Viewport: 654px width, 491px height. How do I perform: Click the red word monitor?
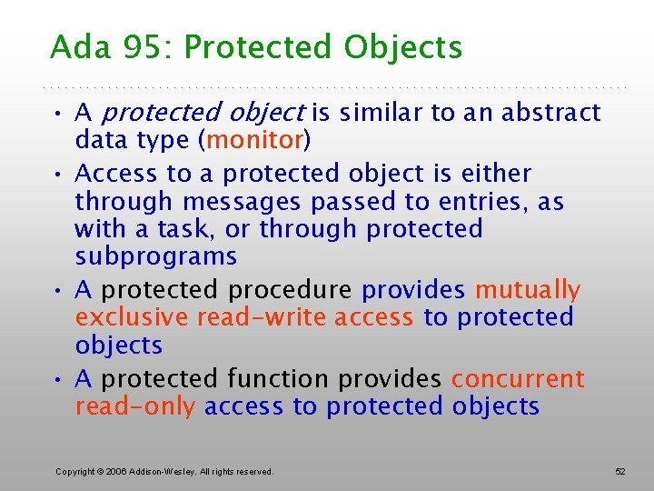coord(255,140)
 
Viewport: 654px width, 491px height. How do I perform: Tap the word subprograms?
coord(155,256)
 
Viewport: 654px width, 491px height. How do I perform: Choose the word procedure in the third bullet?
coord(290,290)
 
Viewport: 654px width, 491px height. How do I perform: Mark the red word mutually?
coord(528,290)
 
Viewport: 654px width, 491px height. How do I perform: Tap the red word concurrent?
coord(518,378)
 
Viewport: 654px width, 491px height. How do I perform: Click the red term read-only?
coord(134,406)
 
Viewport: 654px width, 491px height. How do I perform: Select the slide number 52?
coord(620,472)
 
